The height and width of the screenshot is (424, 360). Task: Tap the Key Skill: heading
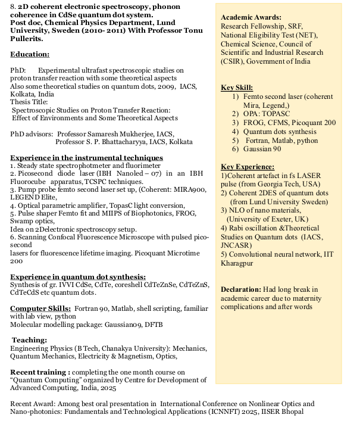pos(236,88)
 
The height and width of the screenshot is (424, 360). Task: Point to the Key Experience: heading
pos(247,166)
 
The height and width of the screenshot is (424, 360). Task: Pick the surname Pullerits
pos(26,39)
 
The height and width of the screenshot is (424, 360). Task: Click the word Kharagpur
pos(237,263)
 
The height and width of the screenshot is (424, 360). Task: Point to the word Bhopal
pos(292,411)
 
